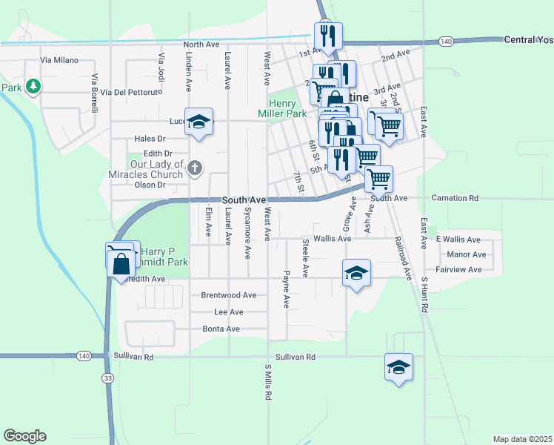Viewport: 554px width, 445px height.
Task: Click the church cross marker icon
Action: (x=195, y=168)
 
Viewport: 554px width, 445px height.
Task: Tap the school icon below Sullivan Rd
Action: (x=398, y=366)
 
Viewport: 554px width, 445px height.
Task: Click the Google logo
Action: (x=24, y=436)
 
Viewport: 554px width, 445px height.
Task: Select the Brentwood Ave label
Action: (x=229, y=295)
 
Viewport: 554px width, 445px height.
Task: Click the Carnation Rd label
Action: (x=458, y=199)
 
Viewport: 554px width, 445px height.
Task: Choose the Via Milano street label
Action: (x=59, y=59)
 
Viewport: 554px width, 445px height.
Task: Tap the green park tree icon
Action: (x=33, y=88)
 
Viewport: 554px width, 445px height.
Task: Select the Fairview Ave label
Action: (x=459, y=270)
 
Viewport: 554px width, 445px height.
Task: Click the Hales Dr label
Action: (x=150, y=139)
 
